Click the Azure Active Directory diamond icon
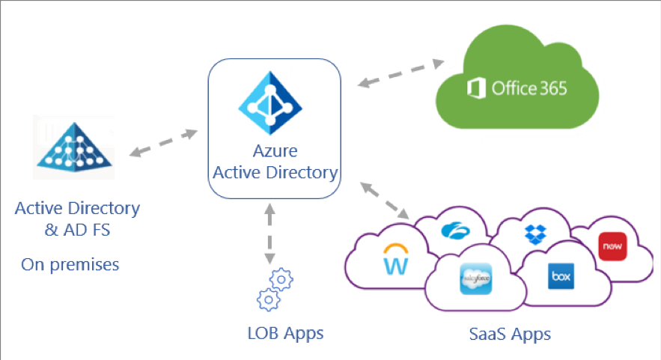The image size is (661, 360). (x=273, y=101)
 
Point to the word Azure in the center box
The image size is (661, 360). (x=274, y=151)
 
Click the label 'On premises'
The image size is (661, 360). (x=70, y=264)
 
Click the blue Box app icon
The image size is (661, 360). (x=561, y=274)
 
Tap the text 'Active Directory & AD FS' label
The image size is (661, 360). (x=77, y=219)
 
